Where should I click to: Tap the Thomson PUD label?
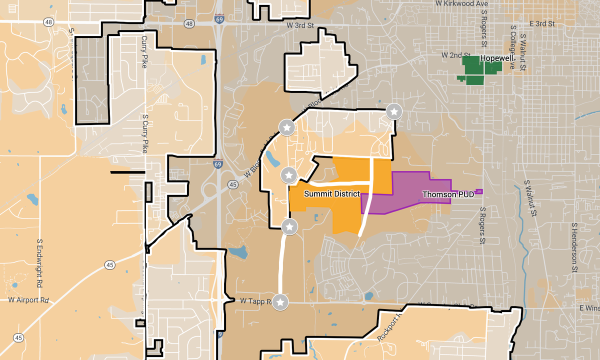coord(447,194)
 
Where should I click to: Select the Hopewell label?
coord(497,58)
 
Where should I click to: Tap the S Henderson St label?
coord(575,247)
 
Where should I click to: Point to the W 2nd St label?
coord(455,54)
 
